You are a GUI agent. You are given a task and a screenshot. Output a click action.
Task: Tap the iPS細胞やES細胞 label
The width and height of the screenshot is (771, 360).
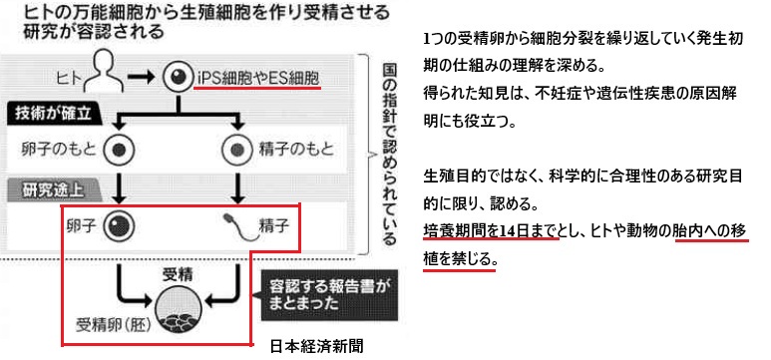257,77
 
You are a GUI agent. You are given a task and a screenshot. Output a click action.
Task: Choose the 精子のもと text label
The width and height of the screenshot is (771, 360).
296,149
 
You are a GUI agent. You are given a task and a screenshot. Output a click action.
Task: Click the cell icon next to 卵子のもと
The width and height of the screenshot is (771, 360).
119,150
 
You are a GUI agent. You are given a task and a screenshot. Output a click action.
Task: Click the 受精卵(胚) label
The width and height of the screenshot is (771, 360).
113,325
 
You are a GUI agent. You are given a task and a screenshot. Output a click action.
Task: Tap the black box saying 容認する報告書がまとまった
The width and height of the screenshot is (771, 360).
328,295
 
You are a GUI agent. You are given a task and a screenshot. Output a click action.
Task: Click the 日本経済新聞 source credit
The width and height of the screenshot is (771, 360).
317,346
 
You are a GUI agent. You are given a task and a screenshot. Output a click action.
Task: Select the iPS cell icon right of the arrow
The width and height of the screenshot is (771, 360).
177,77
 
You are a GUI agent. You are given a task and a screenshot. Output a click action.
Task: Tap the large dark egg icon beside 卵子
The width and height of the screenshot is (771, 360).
119,226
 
